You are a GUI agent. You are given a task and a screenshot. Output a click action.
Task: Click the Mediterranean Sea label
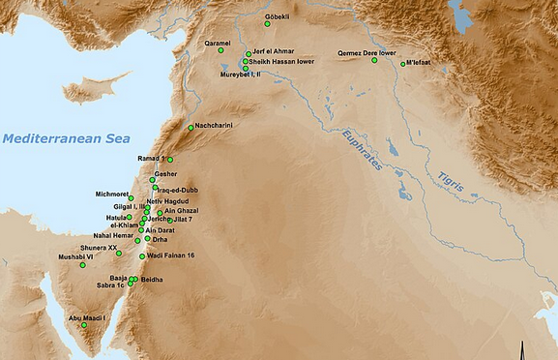pyautogui.click(x=65, y=139)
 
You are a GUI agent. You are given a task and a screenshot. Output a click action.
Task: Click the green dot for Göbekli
pyautogui.click(x=268, y=24)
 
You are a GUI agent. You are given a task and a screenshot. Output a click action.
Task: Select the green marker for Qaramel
pyautogui.click(x=220, y=50)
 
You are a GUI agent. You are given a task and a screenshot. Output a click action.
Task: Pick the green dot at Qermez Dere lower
pyautogui.click(x=374, y=60)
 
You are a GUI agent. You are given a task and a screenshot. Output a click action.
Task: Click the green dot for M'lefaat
pyautogui.click(x=403, y=65)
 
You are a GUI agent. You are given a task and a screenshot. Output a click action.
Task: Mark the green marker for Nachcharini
pyautogui.click(x=191, y=127)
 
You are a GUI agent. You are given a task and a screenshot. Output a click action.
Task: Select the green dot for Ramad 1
pyautogui.click(x=170, y=160)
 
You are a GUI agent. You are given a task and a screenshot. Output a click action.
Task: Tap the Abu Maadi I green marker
pyautogui.click(x=84, y=325)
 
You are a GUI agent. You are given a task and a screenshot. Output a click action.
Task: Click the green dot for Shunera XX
pyautogui.click(x=119, y=254)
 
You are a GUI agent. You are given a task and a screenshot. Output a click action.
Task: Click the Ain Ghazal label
pyautogui.click(x=183, y=211)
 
